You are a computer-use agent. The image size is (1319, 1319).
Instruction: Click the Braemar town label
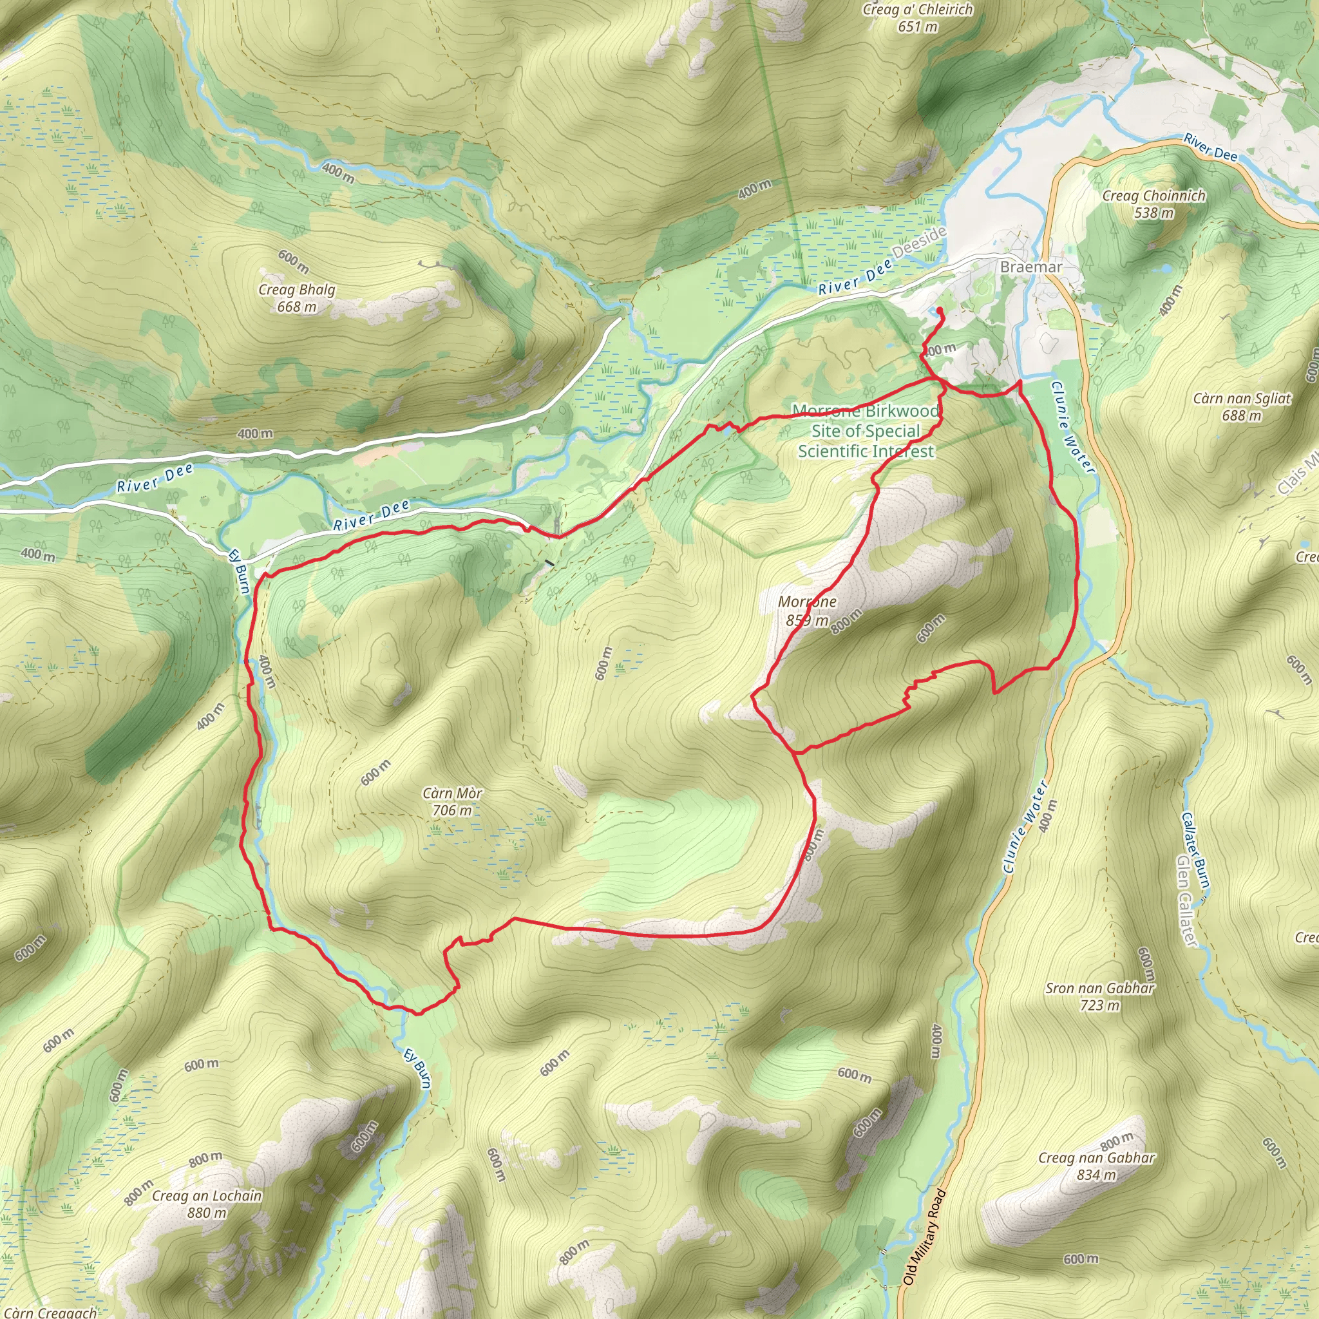point(1030,267)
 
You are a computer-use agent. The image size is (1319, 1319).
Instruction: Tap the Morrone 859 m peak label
point(807,611)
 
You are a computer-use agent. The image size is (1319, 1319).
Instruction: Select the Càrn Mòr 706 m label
point(452,801)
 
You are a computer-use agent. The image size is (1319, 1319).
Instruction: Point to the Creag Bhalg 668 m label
point(296,298)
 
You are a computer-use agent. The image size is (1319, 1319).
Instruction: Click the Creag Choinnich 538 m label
point(1153,204)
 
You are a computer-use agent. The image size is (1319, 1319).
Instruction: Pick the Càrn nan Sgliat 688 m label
point(1242,407)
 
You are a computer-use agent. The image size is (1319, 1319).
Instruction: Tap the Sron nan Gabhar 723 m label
point(1100,996)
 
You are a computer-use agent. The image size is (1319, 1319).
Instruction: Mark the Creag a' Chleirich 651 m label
point(918,18)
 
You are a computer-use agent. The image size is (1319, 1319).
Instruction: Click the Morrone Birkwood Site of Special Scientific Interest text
point(866,431)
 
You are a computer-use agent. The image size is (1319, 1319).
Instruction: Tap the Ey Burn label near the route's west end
point(239,571)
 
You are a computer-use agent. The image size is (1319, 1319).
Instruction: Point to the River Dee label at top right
point(1210,147)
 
